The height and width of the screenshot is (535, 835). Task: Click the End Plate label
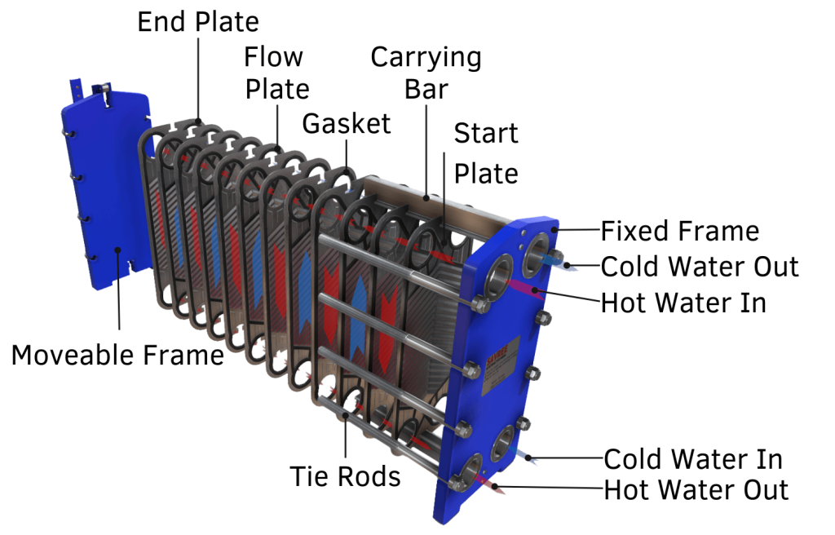coord(198,21)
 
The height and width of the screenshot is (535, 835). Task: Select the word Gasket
coord(347,124)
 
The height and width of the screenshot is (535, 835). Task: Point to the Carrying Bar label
coord(426,73)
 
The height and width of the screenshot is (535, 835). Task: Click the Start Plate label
coord(486,153)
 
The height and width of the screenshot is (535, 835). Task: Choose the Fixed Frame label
coord(679,232)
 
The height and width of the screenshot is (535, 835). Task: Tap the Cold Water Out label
coord(700,267)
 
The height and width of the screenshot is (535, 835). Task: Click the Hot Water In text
coord(683,303)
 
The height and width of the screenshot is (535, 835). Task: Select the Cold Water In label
coord(693,458)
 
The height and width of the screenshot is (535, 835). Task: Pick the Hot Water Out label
coord(696,490)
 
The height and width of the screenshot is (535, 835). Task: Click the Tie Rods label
coord(346,476)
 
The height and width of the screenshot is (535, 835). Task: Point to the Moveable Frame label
coord(117,355)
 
